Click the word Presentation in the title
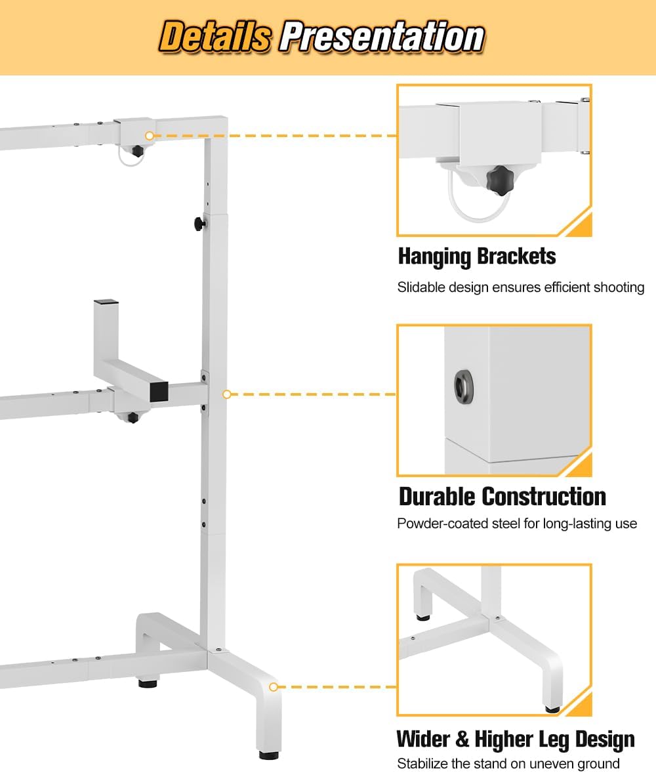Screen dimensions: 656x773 pos(382,37)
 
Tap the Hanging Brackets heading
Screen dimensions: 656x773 pos(477,256)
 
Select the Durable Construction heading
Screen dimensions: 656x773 pos(502,496)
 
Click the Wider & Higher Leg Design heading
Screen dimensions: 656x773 pos(516,740)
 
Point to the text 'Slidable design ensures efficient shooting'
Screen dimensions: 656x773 pos(521,287)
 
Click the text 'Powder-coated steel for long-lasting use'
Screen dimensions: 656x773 pos(517,524)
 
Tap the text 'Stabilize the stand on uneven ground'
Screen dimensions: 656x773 pos(508,764)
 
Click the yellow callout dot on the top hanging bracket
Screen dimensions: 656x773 pos(150,136)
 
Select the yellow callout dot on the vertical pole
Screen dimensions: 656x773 pos(227,394)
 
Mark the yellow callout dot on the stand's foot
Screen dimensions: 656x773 pos(274,687)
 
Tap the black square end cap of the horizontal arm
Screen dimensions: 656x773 pos(158,392)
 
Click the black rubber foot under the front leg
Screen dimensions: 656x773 pos(268,755)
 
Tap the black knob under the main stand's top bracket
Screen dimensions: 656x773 pos(136,152)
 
